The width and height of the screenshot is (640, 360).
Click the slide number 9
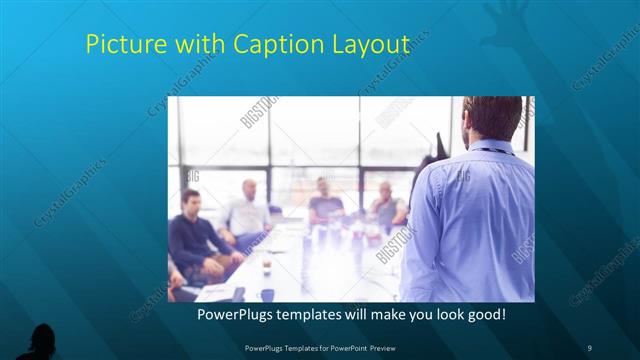tap(589, 346)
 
